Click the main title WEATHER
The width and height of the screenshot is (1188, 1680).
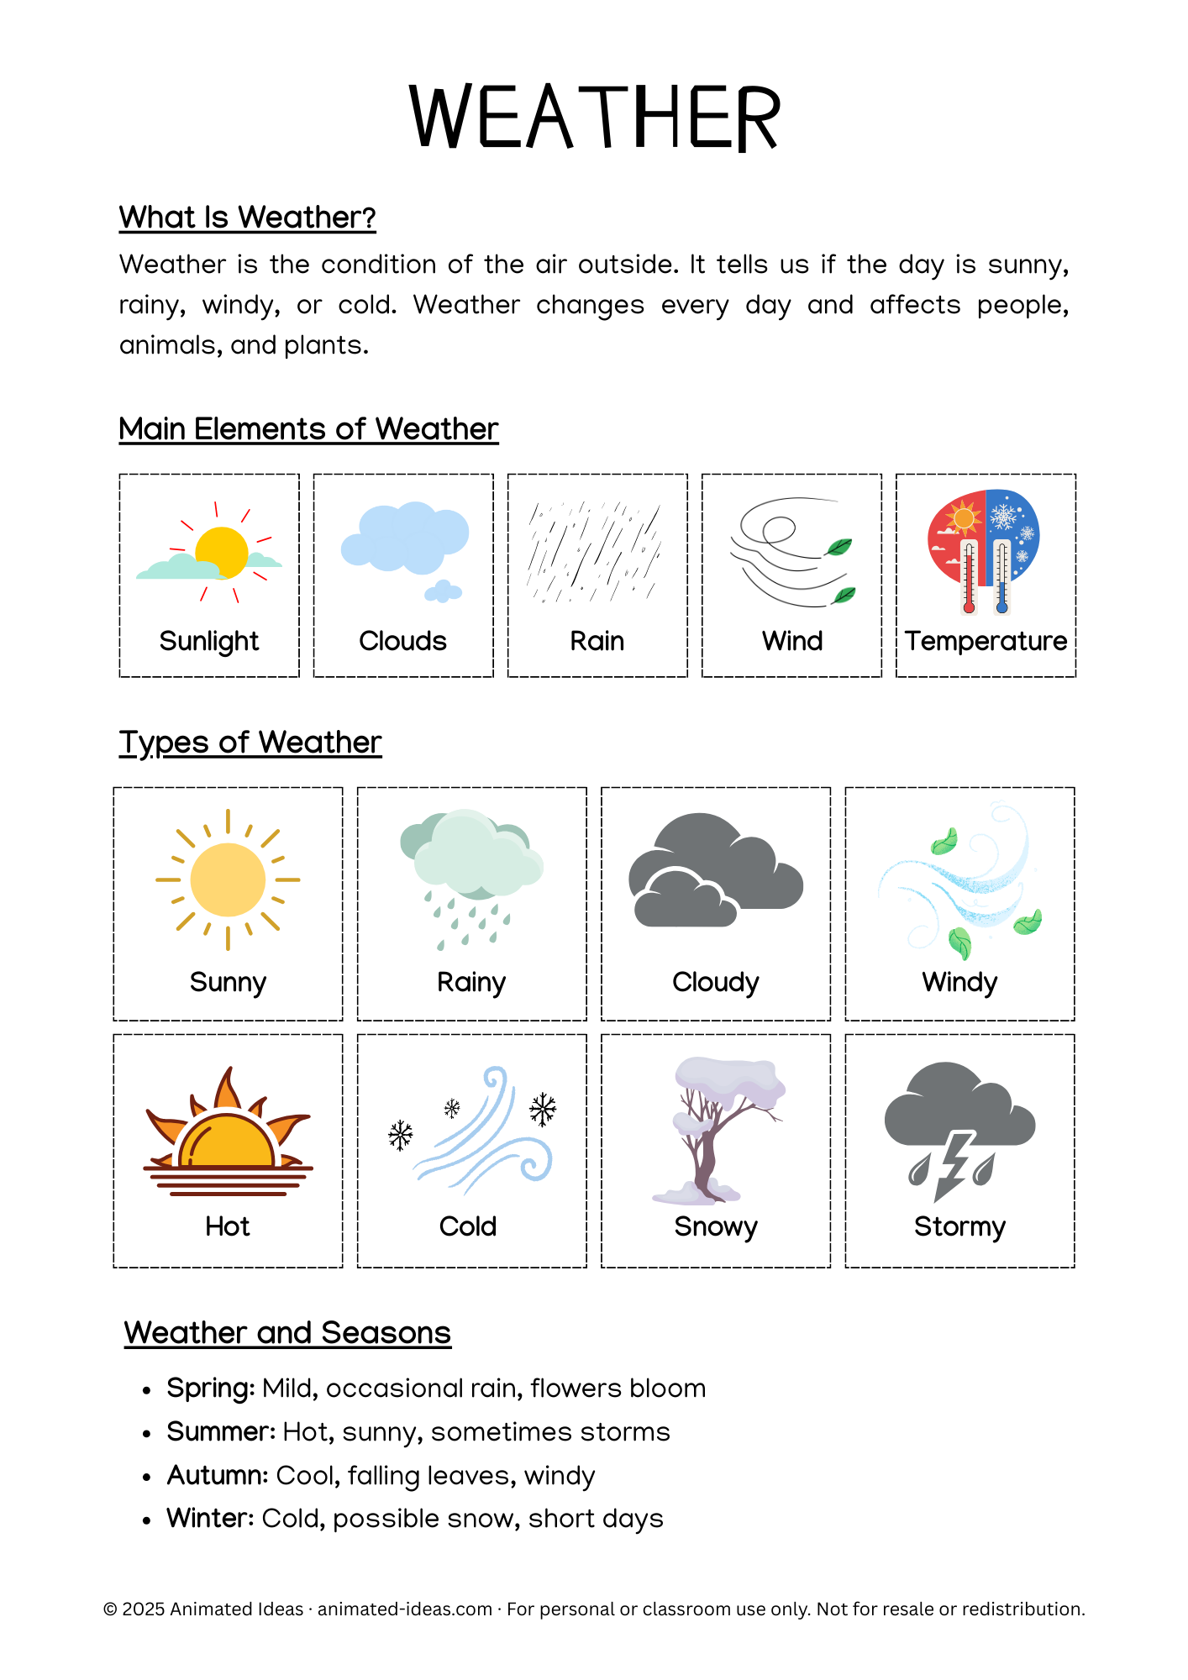pos(595,118)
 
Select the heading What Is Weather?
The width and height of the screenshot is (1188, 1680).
pos(247,218)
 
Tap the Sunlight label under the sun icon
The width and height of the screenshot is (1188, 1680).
pos(209,641)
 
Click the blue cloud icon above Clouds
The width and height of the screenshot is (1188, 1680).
pos(404,538)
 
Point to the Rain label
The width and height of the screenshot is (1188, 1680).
pos(597,641)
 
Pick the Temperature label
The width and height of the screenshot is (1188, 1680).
pos(986,641)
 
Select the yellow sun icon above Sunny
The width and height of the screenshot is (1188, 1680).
pos(228,879)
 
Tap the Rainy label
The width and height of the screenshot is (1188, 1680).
pos(471,982)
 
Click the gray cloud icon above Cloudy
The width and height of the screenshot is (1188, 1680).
pos(715,874)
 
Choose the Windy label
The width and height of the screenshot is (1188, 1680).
pos(959,982)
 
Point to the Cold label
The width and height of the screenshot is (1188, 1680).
pos(468,1226)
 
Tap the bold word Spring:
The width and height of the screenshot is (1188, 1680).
pos(210,1389)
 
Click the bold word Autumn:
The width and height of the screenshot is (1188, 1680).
pos(218,1476)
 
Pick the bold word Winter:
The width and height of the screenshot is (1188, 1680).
pos(210,1519)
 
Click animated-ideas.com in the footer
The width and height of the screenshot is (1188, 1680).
pos(405,1609)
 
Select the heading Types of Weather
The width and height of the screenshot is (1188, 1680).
pos(250,743)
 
